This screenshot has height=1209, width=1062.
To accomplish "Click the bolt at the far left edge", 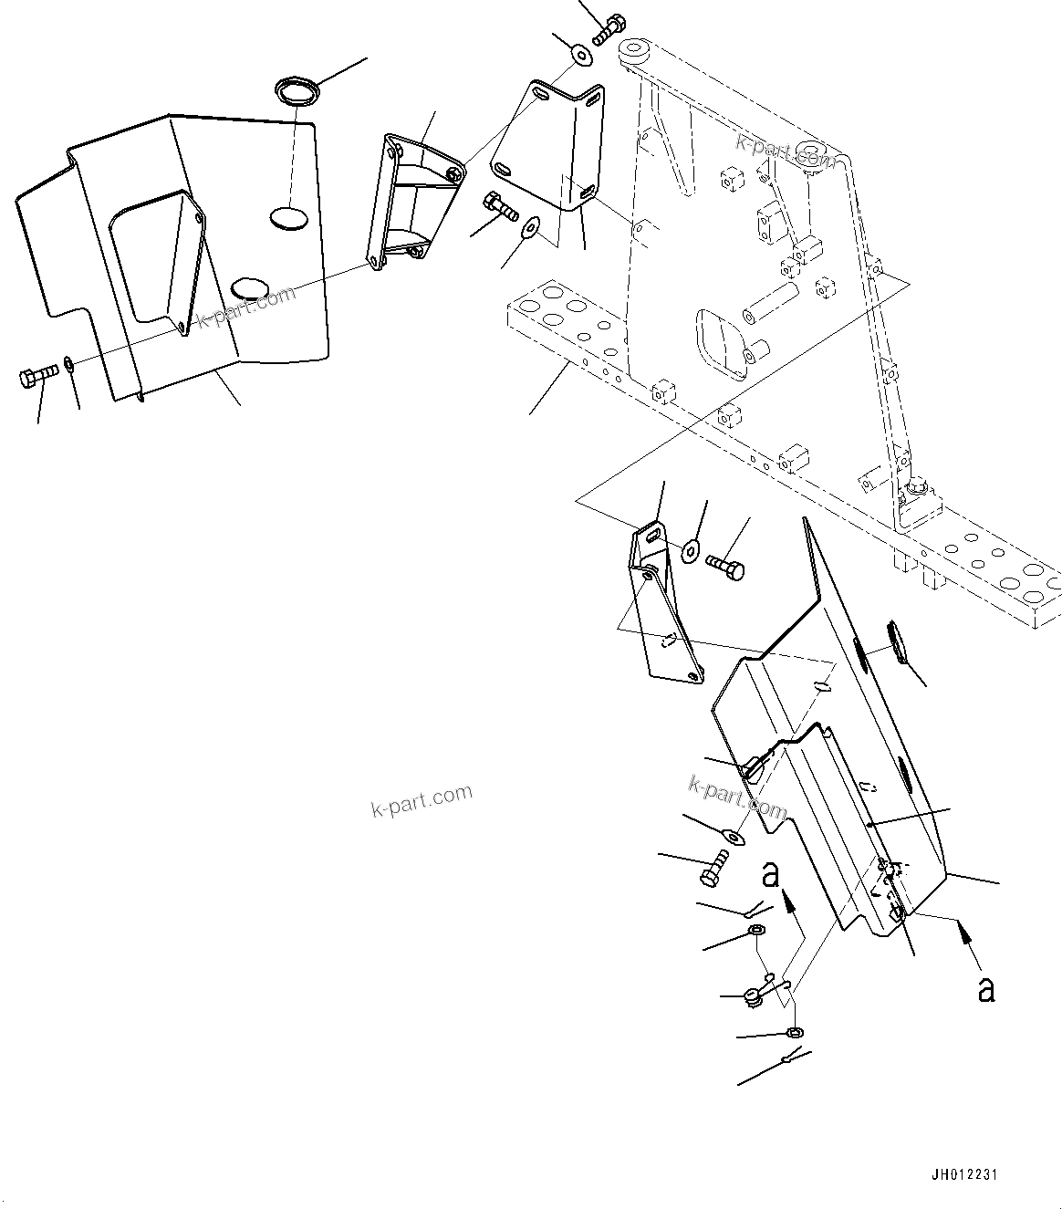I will [37, 375].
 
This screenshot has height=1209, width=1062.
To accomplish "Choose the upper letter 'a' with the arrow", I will [772, 875].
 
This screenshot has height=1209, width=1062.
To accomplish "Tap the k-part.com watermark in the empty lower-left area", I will [422, 800].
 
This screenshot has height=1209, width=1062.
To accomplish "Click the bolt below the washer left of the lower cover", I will [714, 867].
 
